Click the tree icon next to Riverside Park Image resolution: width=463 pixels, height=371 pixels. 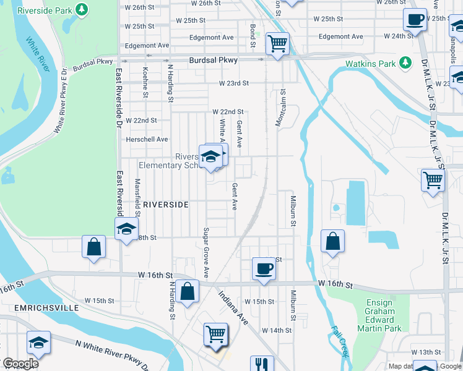pos(81,9)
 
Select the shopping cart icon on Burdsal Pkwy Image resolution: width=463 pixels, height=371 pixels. pos(277,43)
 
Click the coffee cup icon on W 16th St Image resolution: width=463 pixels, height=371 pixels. pos(264,268)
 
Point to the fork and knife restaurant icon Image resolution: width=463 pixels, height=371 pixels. pos(262,365)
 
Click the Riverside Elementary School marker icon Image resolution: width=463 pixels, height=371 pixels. pos(210,156)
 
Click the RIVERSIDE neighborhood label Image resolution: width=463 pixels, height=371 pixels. pos(165,204)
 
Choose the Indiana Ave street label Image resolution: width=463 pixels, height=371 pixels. pos(233,309)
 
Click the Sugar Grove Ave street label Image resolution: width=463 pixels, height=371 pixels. pos(206,253)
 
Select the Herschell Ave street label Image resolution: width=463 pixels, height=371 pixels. pos(147,139)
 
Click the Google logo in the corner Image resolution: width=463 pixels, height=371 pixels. pos(20,364)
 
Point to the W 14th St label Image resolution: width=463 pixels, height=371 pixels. pos(276,331)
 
